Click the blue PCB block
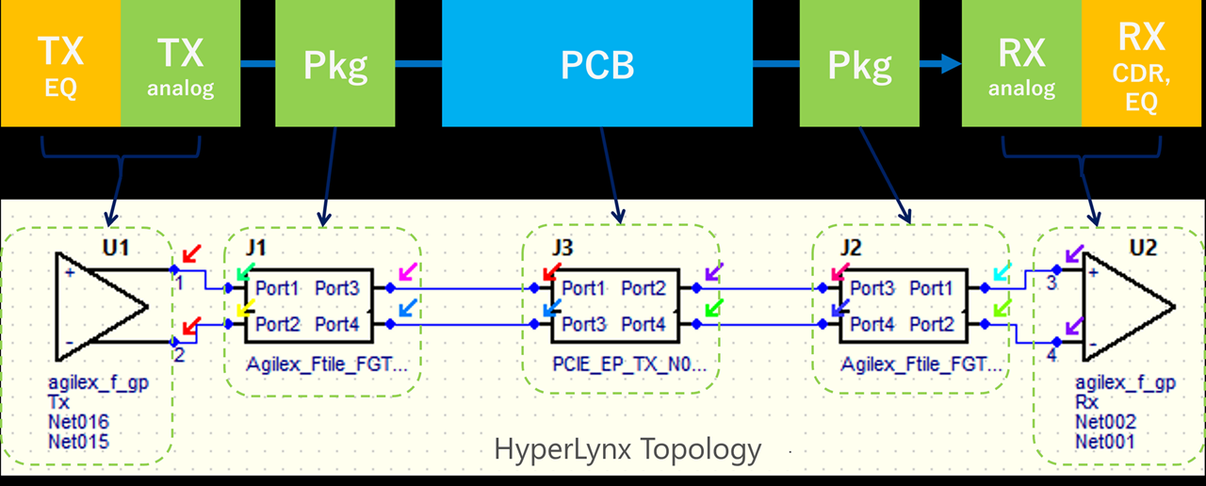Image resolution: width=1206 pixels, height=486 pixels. click(x=597, y=63)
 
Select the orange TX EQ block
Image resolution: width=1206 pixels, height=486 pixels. click(x=60, y=63)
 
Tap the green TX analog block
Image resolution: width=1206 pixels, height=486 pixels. click(x=180, y=63)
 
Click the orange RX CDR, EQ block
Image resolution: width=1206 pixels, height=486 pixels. click(x=1141, y=63)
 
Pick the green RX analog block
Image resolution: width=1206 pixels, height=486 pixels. click(x=1022, y=63)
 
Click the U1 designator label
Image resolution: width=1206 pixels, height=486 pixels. click(x=116, y=248)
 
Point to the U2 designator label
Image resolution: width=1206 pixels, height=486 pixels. click(x=1143, y=248)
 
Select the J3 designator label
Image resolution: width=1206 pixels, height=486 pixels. click(x=562, y=248)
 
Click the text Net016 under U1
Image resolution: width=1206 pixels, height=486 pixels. click(x=78, y=421)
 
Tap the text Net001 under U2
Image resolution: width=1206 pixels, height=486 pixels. click(x=1105, y=442)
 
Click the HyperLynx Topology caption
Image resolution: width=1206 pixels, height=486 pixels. click(x=627, y=449)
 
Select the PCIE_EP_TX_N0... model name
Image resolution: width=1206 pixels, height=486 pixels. click(x=629, y=364)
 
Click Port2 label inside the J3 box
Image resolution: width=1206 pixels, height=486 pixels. click(x=644, y=288)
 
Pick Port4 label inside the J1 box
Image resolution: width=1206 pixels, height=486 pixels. click(x=337, y=325)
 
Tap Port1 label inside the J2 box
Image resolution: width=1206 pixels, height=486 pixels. click(x=932, y=288)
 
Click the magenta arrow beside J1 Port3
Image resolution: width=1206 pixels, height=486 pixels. click(x=408, y=272)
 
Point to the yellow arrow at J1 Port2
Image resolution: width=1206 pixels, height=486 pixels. click(x=246, y=308)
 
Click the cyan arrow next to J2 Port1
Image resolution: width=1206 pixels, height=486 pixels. click(x=1002, y=272)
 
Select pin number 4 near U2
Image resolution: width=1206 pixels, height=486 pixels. click(x=1051, y=355)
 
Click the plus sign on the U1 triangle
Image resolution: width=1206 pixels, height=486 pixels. click(x=70, y=273)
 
